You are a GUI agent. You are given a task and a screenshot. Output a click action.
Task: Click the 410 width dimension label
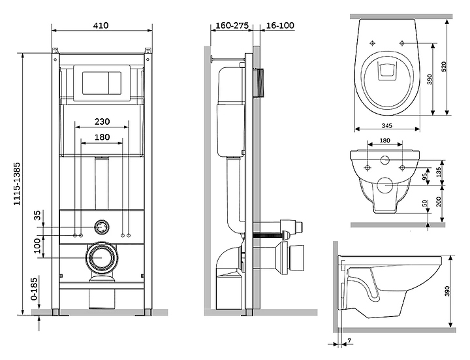coord(101,25)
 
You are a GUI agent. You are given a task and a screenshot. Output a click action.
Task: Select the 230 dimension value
coord(101,122)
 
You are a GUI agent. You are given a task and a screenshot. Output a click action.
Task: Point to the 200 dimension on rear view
coord(439,201)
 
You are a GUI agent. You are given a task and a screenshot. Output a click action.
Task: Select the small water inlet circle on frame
coord(101,227)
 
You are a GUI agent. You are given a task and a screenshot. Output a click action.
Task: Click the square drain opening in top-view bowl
coord(386,71)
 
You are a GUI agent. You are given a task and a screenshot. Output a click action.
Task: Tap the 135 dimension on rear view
coord(439,172)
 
